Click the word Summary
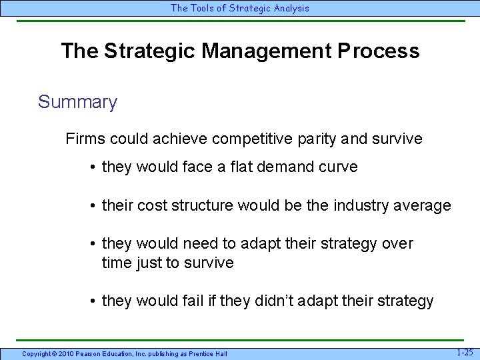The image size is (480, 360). click(77, 102)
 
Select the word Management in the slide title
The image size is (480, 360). click(259, 51)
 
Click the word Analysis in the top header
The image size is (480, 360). click(289, 8)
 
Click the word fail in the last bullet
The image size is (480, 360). click(195, 301)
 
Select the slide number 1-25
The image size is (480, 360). click(465, 351)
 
